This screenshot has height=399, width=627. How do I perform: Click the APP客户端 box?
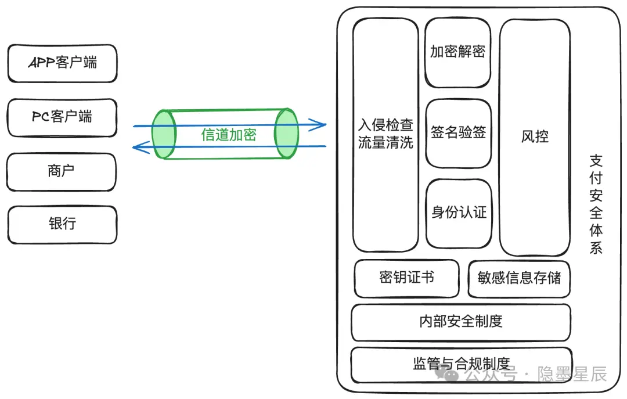[x=62, y=63]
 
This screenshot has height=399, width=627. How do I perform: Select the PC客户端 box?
[x=62, y=117]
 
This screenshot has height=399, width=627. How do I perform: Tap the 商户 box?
[x=62, y=171]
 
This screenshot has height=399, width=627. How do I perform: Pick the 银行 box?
[x=62, y=224]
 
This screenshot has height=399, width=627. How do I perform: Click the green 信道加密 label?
[x=229, y=135]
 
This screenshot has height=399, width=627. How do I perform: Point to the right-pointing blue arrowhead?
[x=318, y=124]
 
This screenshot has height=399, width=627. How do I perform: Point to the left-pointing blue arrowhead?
[x=139, y=148]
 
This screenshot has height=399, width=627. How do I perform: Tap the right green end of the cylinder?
[x=286, y=133]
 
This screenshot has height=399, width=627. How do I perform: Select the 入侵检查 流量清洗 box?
[x=385, y=135]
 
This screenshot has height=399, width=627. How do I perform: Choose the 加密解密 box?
[x=457, y=52]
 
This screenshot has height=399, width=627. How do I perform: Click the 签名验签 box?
[x=458, y=133]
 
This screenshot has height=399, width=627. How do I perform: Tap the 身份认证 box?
[x=459, y=213]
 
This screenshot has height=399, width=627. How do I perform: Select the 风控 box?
[x=534, y=137]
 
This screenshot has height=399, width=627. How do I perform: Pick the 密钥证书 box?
[x=407, y=278]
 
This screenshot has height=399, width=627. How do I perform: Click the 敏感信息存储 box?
[x=519, y=278]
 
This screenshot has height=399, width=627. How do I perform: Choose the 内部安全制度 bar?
[x=461, y=321]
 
